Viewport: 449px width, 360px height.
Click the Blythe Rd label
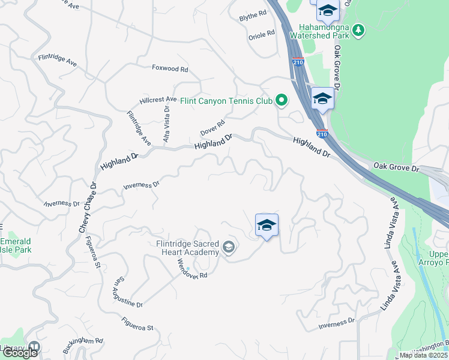click(253, 14)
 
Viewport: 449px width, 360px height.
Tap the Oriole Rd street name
click(261, 35)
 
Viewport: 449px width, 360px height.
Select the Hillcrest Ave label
click(158, 100)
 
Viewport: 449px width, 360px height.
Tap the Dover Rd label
click(212, 127)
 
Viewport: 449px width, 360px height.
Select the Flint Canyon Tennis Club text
click(226, 101)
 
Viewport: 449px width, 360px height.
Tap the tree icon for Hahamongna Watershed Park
click(358, 29)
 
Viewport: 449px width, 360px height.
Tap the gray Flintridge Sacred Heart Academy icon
click(228, 247)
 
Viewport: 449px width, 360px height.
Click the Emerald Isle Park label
click(16, 245)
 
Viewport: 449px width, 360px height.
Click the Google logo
click(20, 353)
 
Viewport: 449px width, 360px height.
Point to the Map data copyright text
click(424, 355)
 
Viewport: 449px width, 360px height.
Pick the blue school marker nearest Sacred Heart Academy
click(267, 226)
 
